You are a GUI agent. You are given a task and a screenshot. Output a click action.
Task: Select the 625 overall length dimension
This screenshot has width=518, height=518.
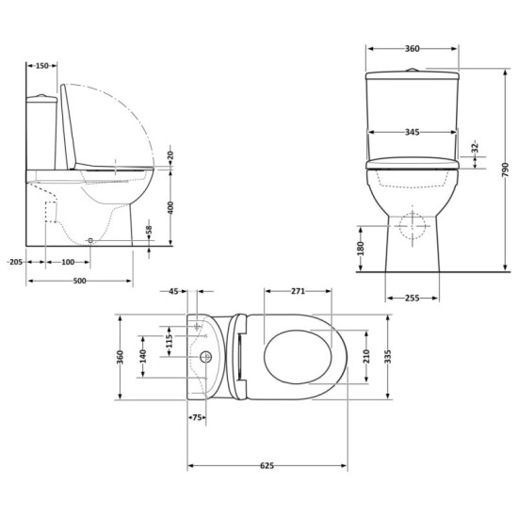coord(266,464)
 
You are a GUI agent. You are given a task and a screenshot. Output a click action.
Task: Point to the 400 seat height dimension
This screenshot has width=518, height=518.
coord(170,206)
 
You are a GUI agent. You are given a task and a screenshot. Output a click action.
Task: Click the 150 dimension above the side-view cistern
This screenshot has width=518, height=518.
coord(42,66)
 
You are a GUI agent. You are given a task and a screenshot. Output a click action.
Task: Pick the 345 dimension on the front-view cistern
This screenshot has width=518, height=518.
coord(407,133)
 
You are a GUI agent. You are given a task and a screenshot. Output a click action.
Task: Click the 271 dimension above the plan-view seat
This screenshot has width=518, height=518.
coord(297,293)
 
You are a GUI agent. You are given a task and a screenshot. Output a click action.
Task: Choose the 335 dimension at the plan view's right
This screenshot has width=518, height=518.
coord(387,356)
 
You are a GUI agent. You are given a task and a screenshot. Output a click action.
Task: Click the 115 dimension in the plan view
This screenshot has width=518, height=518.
coord(168,338)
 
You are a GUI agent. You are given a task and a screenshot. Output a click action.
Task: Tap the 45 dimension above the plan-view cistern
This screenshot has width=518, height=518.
coord(174,293)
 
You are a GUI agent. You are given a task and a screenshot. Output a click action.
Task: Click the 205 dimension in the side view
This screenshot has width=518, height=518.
coord(13,261)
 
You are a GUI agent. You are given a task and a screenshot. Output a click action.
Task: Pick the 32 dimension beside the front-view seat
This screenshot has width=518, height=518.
coord(478,148)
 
